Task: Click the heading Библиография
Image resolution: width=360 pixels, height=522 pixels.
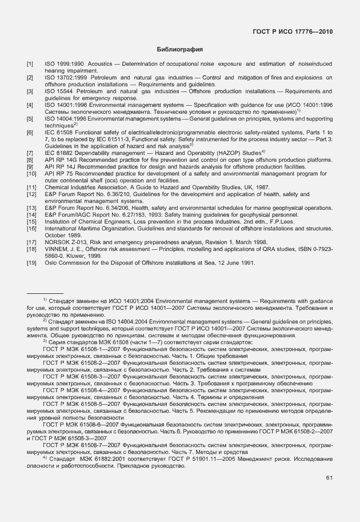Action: coord(180,50)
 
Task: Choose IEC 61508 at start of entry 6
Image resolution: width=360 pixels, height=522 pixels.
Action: coord(61,133)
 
